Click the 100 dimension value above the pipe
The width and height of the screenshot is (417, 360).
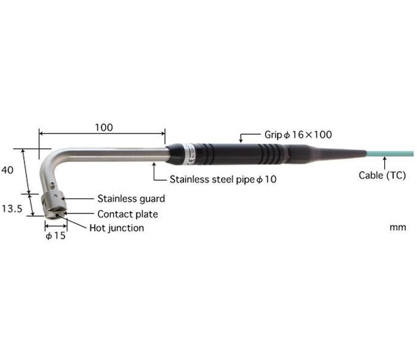point(104,128)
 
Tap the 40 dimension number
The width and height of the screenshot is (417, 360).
point(7,170)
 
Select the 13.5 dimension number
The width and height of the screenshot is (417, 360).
point(12,209)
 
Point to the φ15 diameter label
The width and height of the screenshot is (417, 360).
point(55,235)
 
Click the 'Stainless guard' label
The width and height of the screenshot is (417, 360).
point(131,198)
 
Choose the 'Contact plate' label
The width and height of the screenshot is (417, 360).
point(127,214)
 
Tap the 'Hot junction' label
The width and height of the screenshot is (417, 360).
point(117,228)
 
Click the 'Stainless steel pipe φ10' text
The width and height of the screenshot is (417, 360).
point(223,179)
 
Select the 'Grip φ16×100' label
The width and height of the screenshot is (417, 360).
point(298,135)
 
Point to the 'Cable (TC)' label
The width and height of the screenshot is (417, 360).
point(382,175)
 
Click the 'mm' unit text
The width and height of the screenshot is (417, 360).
point(398,228)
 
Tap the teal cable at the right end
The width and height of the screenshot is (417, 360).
point(390,154)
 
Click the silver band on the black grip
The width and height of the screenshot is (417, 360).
point(189,154)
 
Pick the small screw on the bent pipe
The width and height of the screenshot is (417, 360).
point(53,184)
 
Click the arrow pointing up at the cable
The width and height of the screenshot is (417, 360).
point(384,163)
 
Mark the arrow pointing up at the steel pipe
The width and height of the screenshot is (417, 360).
point(157,173)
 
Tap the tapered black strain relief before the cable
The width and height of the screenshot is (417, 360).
point(327,154)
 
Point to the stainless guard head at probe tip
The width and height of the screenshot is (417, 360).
point(54,205)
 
